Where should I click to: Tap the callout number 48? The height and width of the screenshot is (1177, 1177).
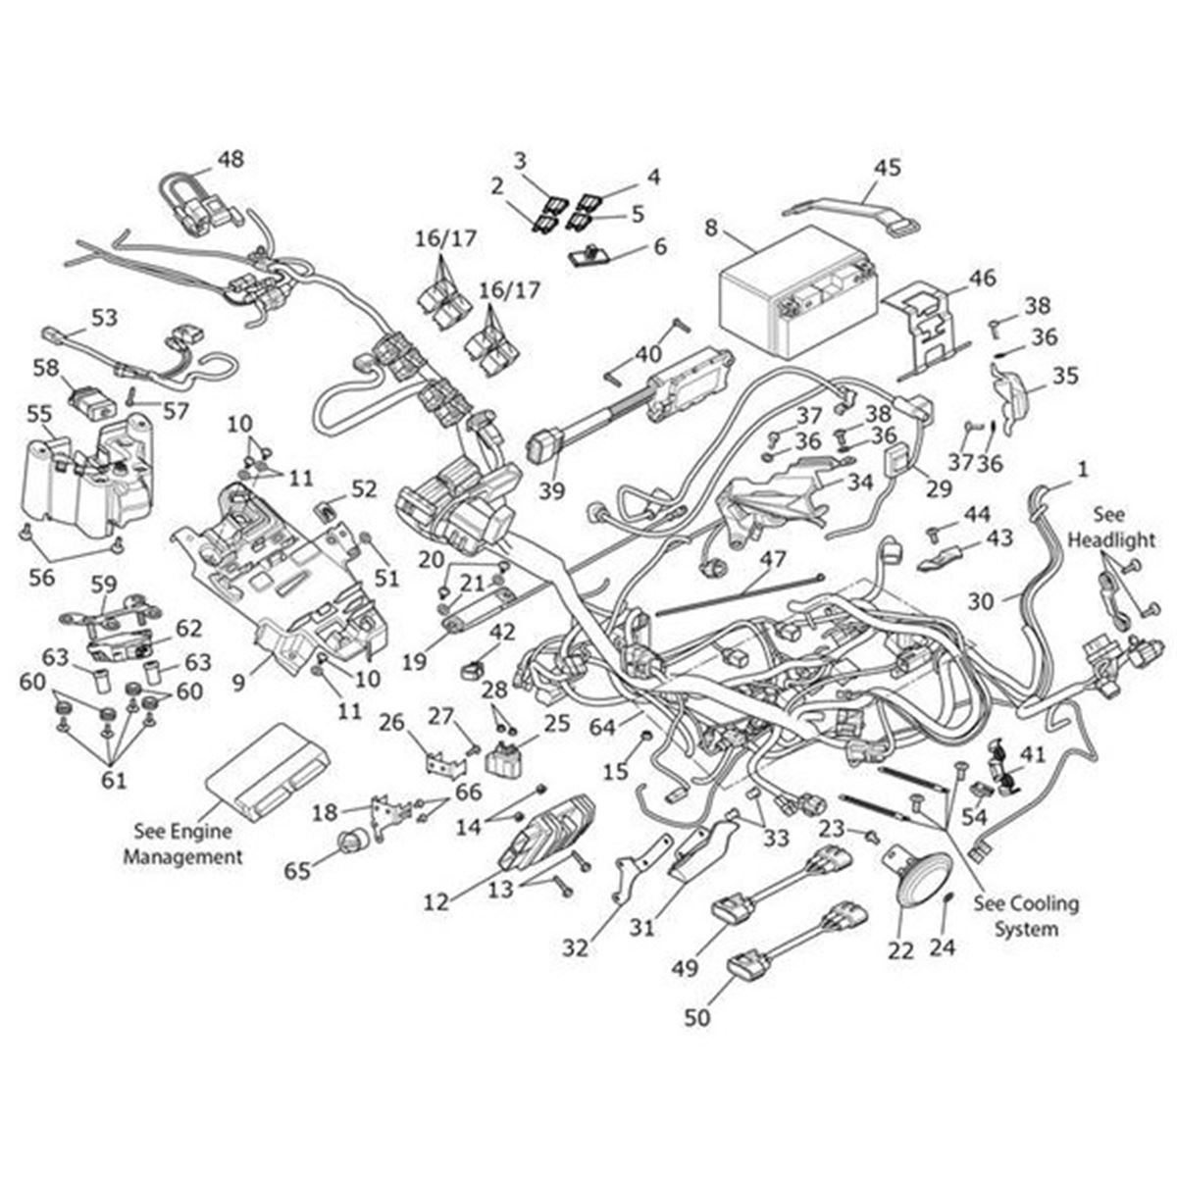coord(230,159)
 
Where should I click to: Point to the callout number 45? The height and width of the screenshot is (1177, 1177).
coord(887,168)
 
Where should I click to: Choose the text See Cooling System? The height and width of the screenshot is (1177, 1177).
coord(1026,915)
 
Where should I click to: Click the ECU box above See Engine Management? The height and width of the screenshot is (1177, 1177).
coord(257,772)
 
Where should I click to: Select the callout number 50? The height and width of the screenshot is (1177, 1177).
coord(696,1018)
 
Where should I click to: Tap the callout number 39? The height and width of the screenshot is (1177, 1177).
coord(552,489)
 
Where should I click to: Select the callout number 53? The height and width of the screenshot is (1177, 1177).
coord(104,318)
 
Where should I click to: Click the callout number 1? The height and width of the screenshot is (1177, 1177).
coord(1082,470)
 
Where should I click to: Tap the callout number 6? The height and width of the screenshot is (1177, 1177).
coord(660,246)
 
